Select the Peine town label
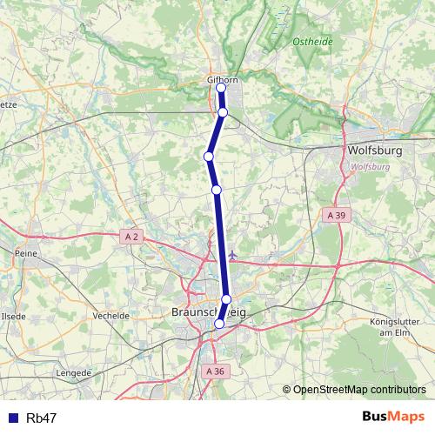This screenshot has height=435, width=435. tap(23, 253)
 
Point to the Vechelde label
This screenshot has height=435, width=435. tap(111, 316)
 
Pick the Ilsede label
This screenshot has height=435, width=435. tap(14, 316)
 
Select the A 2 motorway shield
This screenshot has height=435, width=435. tap(131, 236)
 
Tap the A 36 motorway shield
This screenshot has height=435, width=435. tap(216, 371)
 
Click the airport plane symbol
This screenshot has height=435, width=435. tap(232, 255)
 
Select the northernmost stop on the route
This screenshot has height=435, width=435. tap(221, 88)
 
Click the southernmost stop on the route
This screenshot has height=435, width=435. tap(219, 324)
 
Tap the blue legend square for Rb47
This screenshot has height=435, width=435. tap(13, 418)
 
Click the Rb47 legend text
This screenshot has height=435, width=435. tap(42, 418)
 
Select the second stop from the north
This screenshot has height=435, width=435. tap(223, 112)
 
